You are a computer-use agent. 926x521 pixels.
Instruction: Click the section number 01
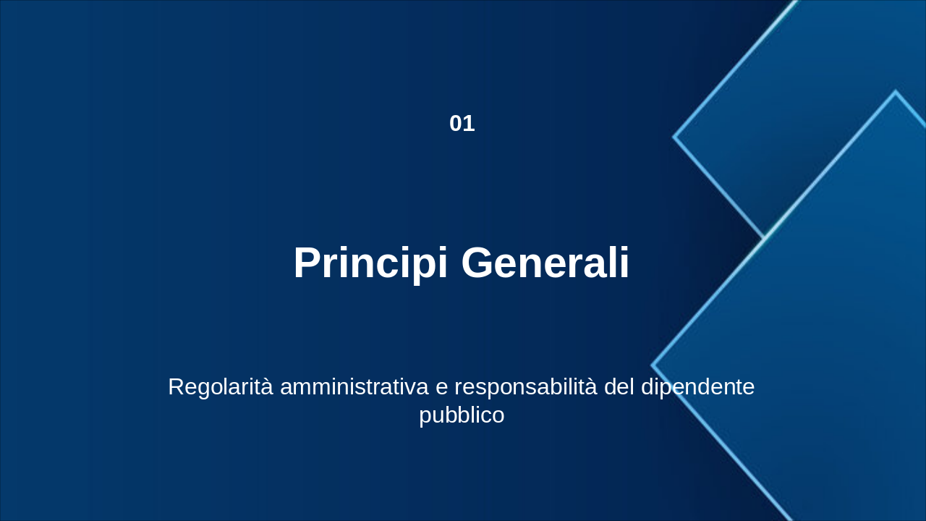(x=462, y=124)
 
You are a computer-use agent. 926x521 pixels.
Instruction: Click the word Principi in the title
(x=370, y=263)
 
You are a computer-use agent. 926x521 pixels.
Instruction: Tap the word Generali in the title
(x=545, y=263)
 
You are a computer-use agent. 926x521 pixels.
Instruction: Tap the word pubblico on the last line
(x=462, y=416)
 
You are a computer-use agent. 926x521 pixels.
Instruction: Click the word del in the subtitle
(x=619, y=387)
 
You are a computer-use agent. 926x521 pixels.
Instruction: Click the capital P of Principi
(x=307, y=263)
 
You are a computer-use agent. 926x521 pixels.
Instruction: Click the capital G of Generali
(x=477, y=263)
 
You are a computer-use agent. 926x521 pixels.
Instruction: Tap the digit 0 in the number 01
(x=456, y=124)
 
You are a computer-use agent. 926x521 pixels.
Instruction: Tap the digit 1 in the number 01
(x=469, y=124)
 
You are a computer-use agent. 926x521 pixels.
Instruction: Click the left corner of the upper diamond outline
(x=674, y=136)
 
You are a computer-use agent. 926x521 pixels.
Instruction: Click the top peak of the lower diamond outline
(x=895, y=92)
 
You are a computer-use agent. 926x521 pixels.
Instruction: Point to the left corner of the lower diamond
(x=653, y=365)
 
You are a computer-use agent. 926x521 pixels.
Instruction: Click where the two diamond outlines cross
(x=765, y=237)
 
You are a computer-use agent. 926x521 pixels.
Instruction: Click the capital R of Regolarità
(x=176, y=387)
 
